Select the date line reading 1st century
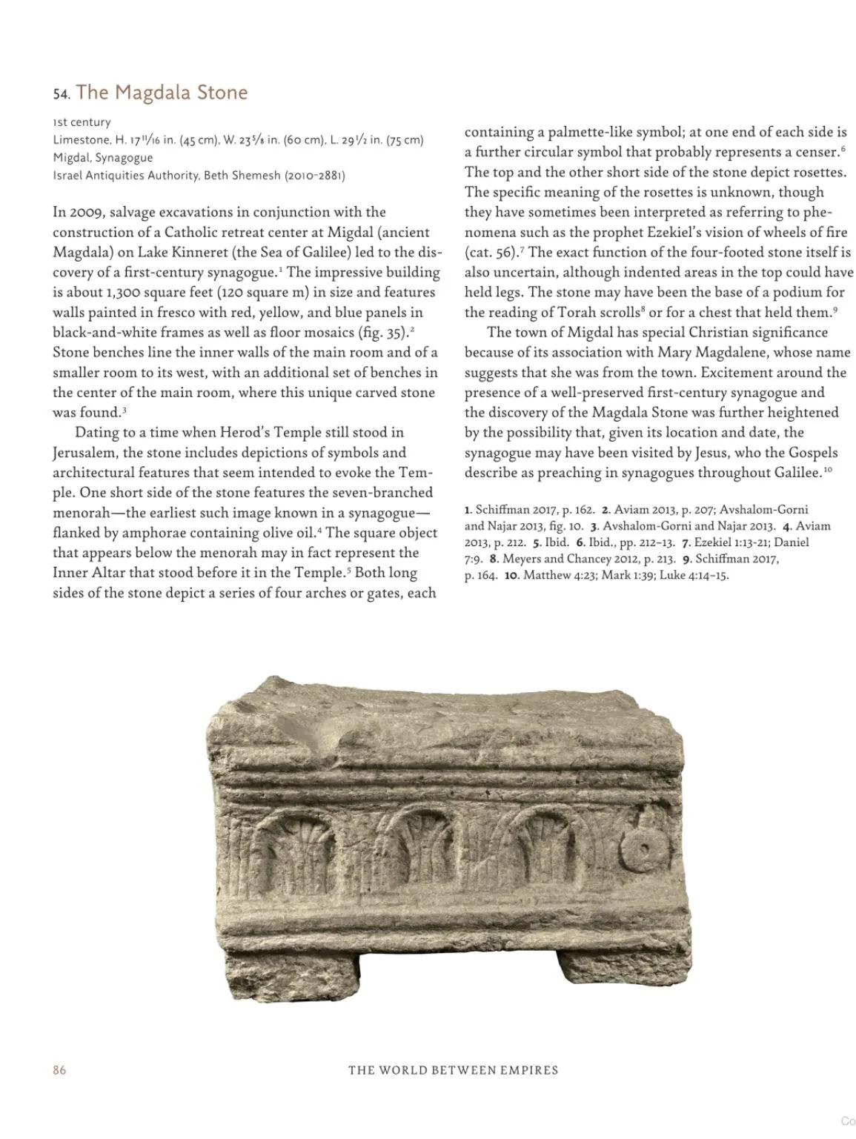(x=82, y=122)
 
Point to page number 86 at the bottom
(x=59, y=1070)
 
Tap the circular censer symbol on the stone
(x=642, y=848)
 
